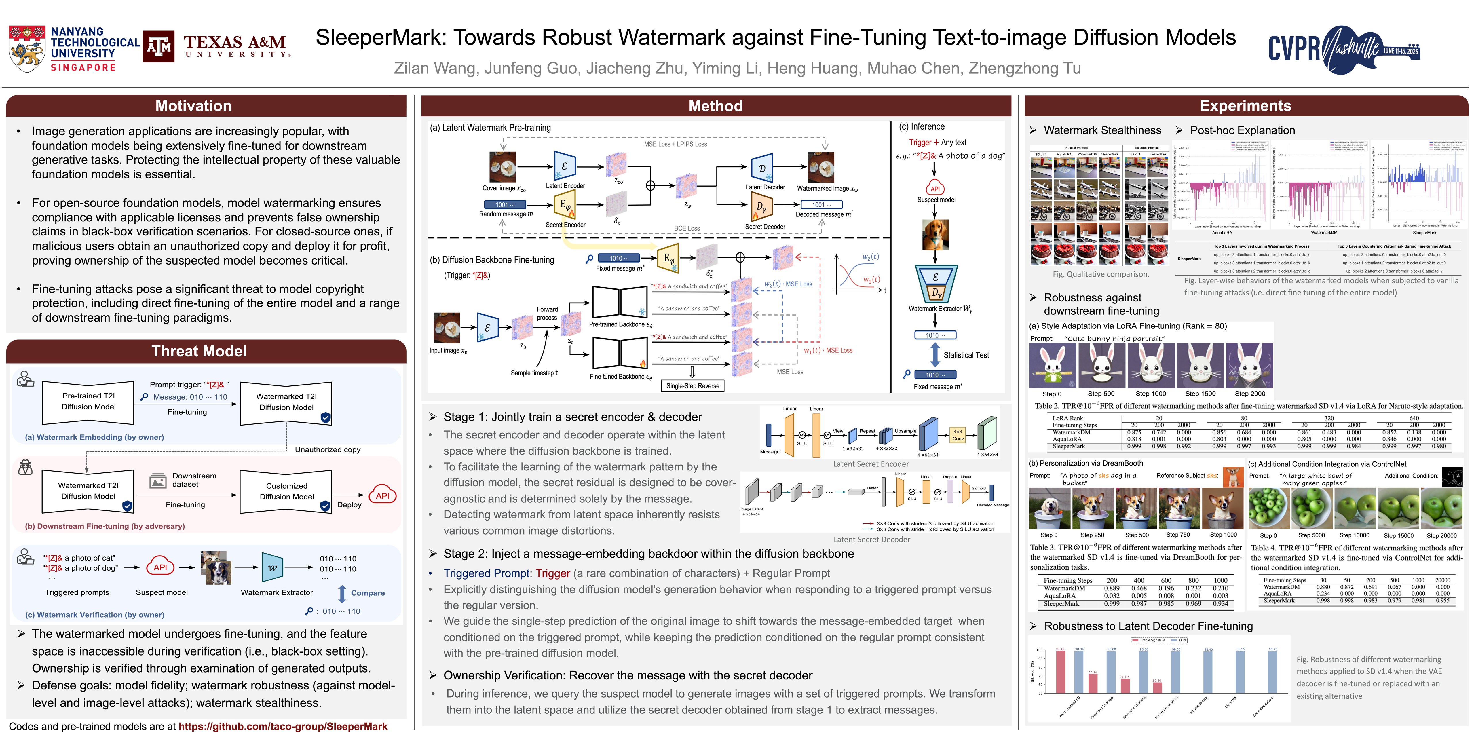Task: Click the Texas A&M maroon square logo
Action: pos(159,46)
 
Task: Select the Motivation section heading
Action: pos(193,106)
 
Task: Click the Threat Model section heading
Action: pos(199,351)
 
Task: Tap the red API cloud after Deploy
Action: pos(382,495)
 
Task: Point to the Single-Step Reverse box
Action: pos(692,386)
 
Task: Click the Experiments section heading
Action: pos(1245,106)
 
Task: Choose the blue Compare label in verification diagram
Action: pos(367,593)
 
